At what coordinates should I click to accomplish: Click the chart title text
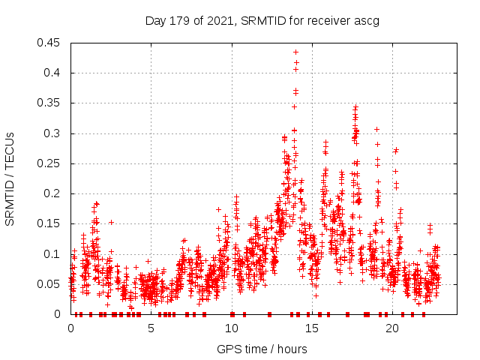point(262,20)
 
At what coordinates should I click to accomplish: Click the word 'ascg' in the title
point(366,20)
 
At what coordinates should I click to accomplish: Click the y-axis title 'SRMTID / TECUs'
point(10,179)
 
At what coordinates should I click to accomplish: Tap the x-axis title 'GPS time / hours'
point(262,349)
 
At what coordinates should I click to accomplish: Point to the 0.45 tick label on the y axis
point(50,43)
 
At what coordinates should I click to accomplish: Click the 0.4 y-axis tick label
point(53,73)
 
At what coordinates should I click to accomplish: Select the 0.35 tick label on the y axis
point(50,103)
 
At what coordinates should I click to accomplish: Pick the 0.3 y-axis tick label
point(53,133)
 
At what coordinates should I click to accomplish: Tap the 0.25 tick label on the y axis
point(50,163)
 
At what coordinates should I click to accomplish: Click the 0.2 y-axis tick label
point(53,193)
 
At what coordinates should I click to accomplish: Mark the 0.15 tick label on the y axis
point(50,223)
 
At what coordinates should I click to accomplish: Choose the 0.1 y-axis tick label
point(53,253)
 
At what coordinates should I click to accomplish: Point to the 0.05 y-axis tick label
point(50,284)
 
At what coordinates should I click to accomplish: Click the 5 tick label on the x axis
point(151,328)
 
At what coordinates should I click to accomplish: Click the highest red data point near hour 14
point(295,52)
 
